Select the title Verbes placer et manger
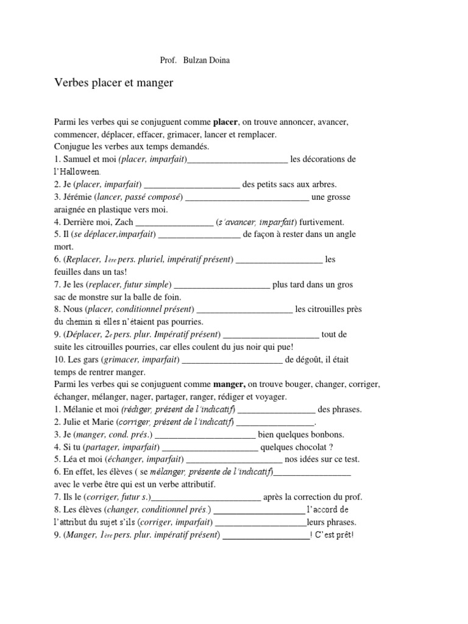tap(114, 83)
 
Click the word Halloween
tap(76, 172)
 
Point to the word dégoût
tap(319, 360)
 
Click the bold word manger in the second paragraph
tap(229, 385)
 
